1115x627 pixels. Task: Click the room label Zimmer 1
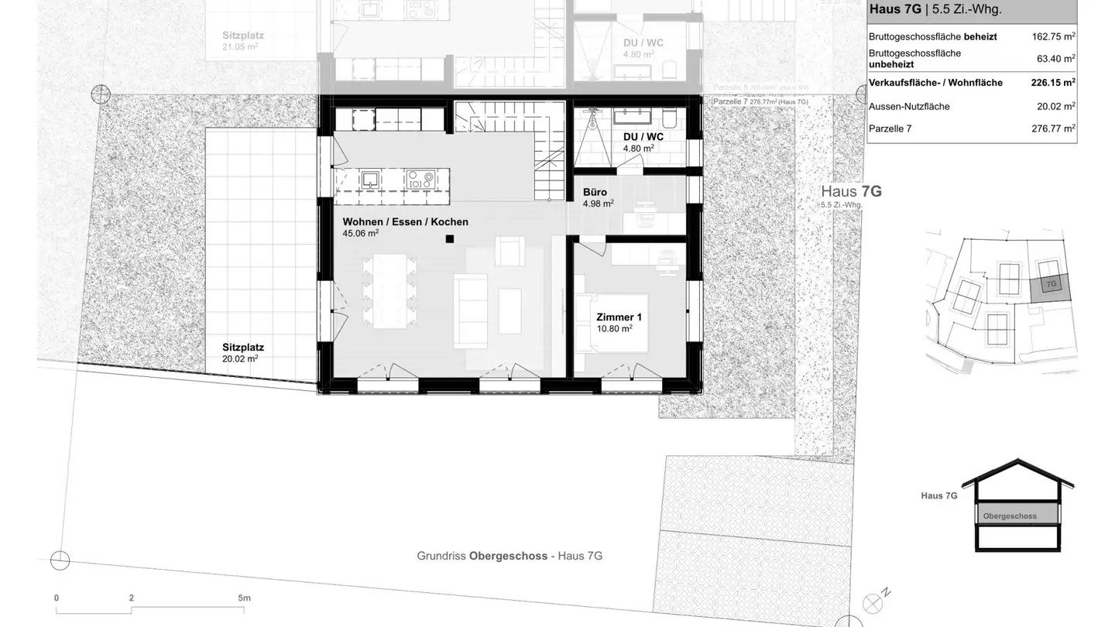[x=619, y=317]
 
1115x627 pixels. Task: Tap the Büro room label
[x=595, y=192]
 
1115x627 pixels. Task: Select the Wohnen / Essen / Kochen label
[x=405, y=222]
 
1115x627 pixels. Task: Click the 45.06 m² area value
[x=360, y=233]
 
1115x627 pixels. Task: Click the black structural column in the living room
[x=449, y=239]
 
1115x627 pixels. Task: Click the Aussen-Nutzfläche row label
[x=908, y=107]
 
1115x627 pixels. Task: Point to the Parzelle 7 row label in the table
[x=890, y=128]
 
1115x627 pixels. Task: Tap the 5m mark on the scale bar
[x=244, y=598]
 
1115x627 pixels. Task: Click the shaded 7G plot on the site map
[x=1051, y=289]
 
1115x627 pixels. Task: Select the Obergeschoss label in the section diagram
[x=1010, y=516]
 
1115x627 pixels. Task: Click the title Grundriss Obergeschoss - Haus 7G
[x=509, y=556]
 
